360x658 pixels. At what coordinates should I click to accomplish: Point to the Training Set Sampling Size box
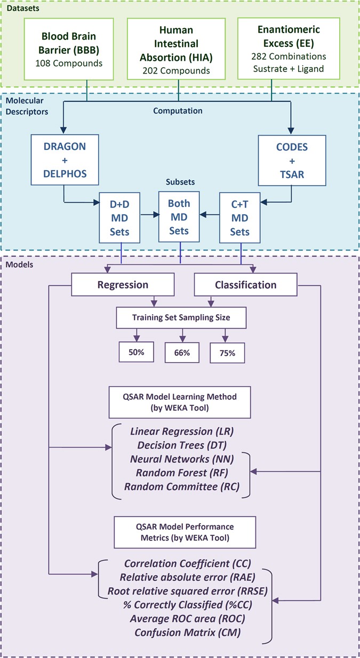(x=181, y=318)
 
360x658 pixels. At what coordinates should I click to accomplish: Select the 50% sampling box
(x=137, y=352)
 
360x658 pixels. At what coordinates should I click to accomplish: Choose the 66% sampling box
(x=182, y=352)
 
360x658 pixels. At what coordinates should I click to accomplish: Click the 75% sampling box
(x=228, y=352)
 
